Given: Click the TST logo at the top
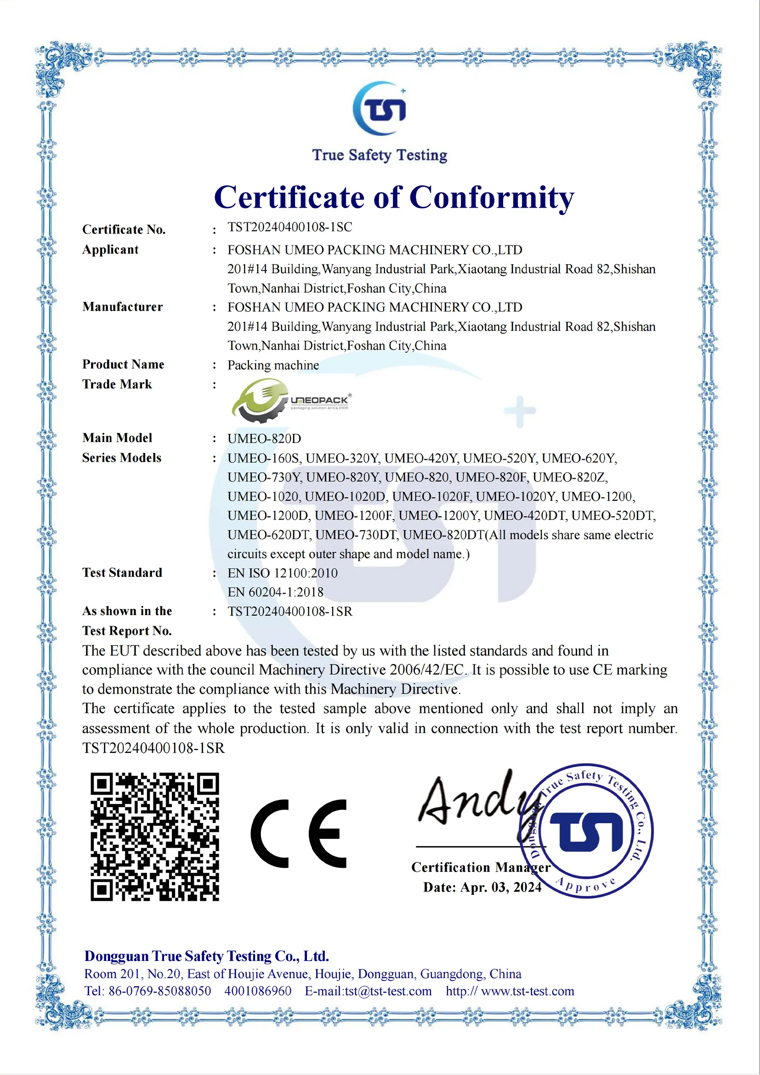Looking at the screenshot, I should pyautogui.click(x=380, y=108).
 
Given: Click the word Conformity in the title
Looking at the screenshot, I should pyautogui.click(x=492, y=198).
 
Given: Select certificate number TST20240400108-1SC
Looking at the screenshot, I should pyautogui.click(x=290, y=227).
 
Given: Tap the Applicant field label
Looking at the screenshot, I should pyautogui.click(x=111, y=249).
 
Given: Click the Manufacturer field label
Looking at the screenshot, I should pyautogui.click(x=123, y=307).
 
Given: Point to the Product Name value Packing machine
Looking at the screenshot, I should pyautogui.click(x=273, y=365).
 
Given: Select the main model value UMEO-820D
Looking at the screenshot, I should pyautogui.click(x=264, y=439).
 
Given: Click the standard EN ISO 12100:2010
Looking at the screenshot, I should pyautogui.click(x=283, y=573).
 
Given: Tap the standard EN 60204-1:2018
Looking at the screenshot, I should pyautogui.click(x=275, y=592).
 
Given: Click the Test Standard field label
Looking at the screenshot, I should pyautogui.click(x=122, y=572).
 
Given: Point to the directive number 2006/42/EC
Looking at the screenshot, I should pyautogui.click(x=426, y=670).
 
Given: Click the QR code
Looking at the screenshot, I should pyautogui.click(x=155, y=837).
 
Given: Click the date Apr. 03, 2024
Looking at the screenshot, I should pyautogui.click(x=501, y=887).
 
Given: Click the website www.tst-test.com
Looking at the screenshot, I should pyautogui.click(x=527, y=991).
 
